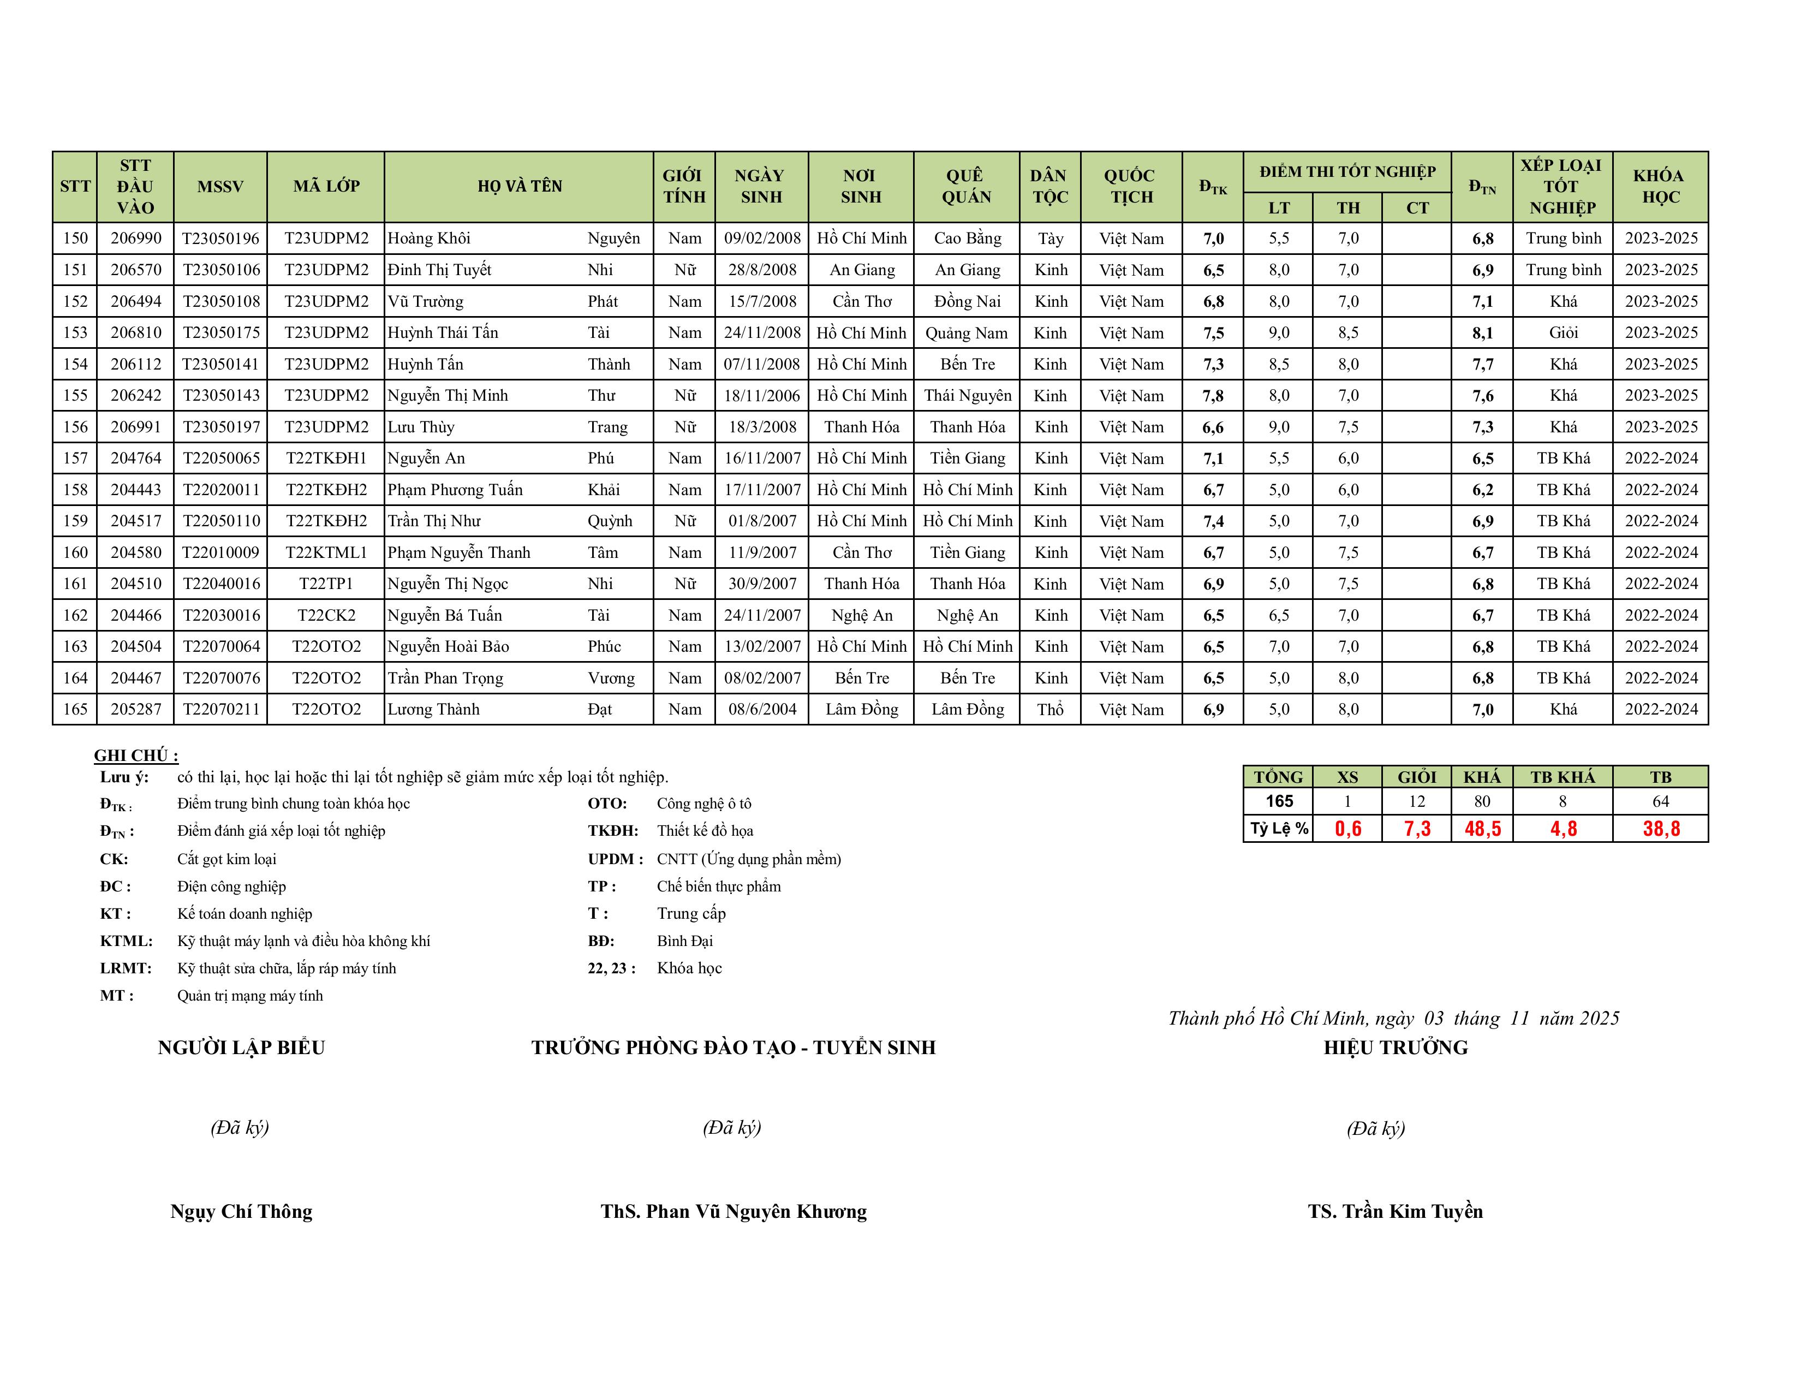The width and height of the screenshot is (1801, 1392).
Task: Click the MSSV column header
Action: [x=220, y=186]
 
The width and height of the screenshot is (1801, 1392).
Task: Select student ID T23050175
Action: [x=220, y=332]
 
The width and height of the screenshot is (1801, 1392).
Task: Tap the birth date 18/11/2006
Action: [x=762, y=396]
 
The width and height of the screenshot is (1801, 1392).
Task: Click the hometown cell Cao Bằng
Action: [x=967, y=239]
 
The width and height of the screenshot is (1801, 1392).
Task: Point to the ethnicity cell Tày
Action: [x=1049, y=239]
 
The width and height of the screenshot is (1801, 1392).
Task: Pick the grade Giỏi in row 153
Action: [x=1563, y=332]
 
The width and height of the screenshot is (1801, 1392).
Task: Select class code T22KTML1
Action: [x=326, y=552]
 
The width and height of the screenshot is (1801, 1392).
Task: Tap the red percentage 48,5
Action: [x=1482, y=829]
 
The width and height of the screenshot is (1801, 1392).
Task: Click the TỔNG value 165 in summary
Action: [x=1279, y=801]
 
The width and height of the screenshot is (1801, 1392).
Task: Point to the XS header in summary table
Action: [x=1347, y=777]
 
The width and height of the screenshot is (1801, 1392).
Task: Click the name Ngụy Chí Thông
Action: [x=242, y=1211]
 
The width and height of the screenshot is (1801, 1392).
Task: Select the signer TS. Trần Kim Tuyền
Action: [x=1396, y=1211]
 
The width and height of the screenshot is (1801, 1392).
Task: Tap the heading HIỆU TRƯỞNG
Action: [x=1396, y=1048]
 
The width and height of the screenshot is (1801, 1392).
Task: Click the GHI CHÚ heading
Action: [x=136, y=756]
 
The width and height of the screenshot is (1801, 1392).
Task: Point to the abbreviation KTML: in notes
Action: [x=126, y=941]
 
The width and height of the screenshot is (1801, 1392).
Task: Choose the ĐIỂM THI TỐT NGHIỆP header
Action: [x=1347, y=171]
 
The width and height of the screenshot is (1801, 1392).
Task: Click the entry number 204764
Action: [x=136, y=459]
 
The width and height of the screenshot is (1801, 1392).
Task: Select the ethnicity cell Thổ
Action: [x=1049, y=709]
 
